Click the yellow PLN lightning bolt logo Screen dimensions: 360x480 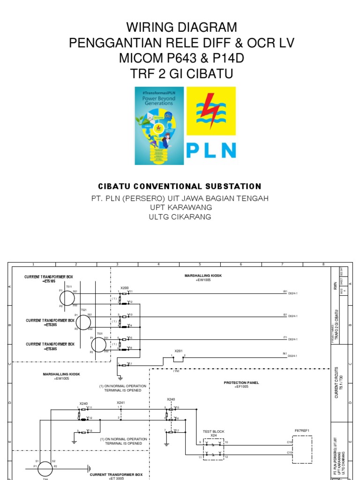tap(211, 111)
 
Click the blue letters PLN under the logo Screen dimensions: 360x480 tap(211, 150)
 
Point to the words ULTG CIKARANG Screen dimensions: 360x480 tap(180, 217)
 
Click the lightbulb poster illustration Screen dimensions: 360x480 tap(158, 126)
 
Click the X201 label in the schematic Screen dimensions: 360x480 tap(179, 351)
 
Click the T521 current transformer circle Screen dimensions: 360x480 tap(83, 322)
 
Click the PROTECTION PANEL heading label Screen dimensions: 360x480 tap(242, 382)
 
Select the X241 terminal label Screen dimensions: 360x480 tap(121, 402)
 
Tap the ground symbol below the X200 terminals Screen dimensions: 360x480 tap(120, 376)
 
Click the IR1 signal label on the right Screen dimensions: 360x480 tap(285, 291)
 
